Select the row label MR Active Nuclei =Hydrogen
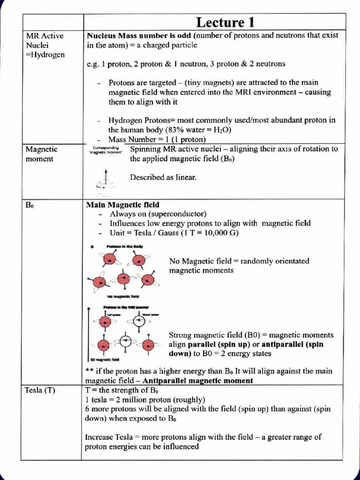coord(45,45)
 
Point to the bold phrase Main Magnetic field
coord(122,205)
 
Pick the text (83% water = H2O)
coord(202,130)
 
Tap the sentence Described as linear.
coord(163,177)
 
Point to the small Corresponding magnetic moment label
coord(105,150)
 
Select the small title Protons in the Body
coord(124,246)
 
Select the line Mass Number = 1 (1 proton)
coord(157,140)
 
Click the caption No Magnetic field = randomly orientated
coord(239,261)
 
